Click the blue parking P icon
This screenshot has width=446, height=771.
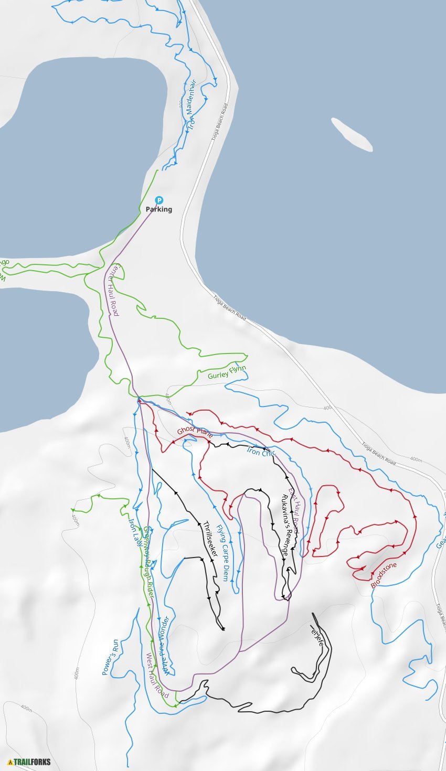tap(159, 200)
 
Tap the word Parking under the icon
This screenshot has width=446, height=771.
tap(159, 209)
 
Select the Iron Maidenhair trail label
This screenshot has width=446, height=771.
tap(192, 111)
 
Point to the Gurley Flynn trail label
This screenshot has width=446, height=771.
tap(227, 372)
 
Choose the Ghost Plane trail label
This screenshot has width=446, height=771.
tap(195, 432)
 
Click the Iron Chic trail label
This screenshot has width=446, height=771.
tap(261, 451)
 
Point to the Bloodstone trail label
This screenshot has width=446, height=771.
tap(384, 575)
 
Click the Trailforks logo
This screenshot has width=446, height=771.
tap(29, 762)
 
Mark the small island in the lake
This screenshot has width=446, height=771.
tap(352, 134)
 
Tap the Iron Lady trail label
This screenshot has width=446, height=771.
tap(135, 531)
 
